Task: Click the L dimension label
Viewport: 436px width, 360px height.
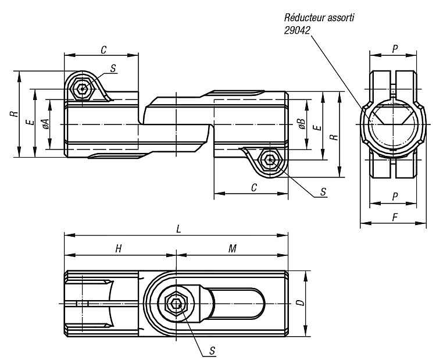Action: point(179,229)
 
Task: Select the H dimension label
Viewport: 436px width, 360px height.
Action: point(119,248)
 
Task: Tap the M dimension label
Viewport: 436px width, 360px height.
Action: point(233,248)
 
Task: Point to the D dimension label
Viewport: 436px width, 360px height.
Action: point(301,302)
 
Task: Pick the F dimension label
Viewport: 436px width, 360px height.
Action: point(395,218)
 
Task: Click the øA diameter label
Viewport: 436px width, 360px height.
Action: point(45,124)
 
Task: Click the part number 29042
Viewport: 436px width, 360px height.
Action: point(296,30)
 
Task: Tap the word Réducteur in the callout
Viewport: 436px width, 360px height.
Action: point(305,17)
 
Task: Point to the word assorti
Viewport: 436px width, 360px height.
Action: point(341,18)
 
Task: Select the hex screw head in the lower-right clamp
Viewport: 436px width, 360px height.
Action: point(269,160)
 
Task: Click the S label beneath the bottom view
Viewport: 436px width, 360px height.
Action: point(212,351)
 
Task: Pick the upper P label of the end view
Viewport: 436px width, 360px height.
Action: point(395,49)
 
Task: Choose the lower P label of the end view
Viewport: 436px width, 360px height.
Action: point(395,197)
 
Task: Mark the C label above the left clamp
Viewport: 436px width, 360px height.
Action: point(103,50)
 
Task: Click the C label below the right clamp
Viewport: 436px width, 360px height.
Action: point(253,188)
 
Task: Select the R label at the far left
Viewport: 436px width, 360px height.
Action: point(15,113)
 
